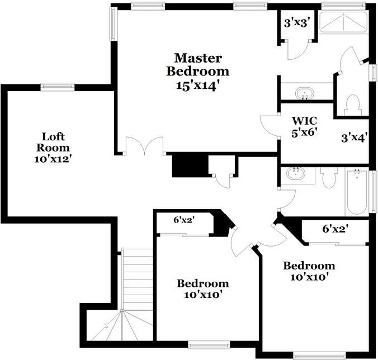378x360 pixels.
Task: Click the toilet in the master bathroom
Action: (352, 104)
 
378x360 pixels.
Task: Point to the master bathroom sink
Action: (305, 92)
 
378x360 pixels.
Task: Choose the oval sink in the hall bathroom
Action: (295, 174)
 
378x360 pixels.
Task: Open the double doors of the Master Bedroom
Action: (144, 146)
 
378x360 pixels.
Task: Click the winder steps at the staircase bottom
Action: (120, 327)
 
